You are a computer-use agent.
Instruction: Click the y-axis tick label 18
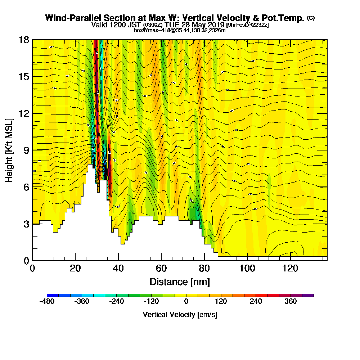point(23,40)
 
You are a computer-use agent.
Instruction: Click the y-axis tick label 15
point(23,77)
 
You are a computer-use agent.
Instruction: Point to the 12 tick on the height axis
point(23,113)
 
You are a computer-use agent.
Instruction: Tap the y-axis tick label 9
point(26,150)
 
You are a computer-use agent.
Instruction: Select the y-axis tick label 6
point(26,187)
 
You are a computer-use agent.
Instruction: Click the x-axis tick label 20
point(75,268)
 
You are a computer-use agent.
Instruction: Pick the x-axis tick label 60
point(161,268)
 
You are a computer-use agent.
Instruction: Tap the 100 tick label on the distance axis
point(247,268)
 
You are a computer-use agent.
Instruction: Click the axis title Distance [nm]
point(180,282)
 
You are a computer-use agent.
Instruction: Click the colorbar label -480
point(47,301)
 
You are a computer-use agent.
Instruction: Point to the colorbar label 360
point(291,301)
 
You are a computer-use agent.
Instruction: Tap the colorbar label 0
point(186,301)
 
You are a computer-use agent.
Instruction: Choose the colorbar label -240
point(117,301)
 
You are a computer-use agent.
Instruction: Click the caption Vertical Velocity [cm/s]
point(180,315)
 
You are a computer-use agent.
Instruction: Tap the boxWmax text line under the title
point(180,30)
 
